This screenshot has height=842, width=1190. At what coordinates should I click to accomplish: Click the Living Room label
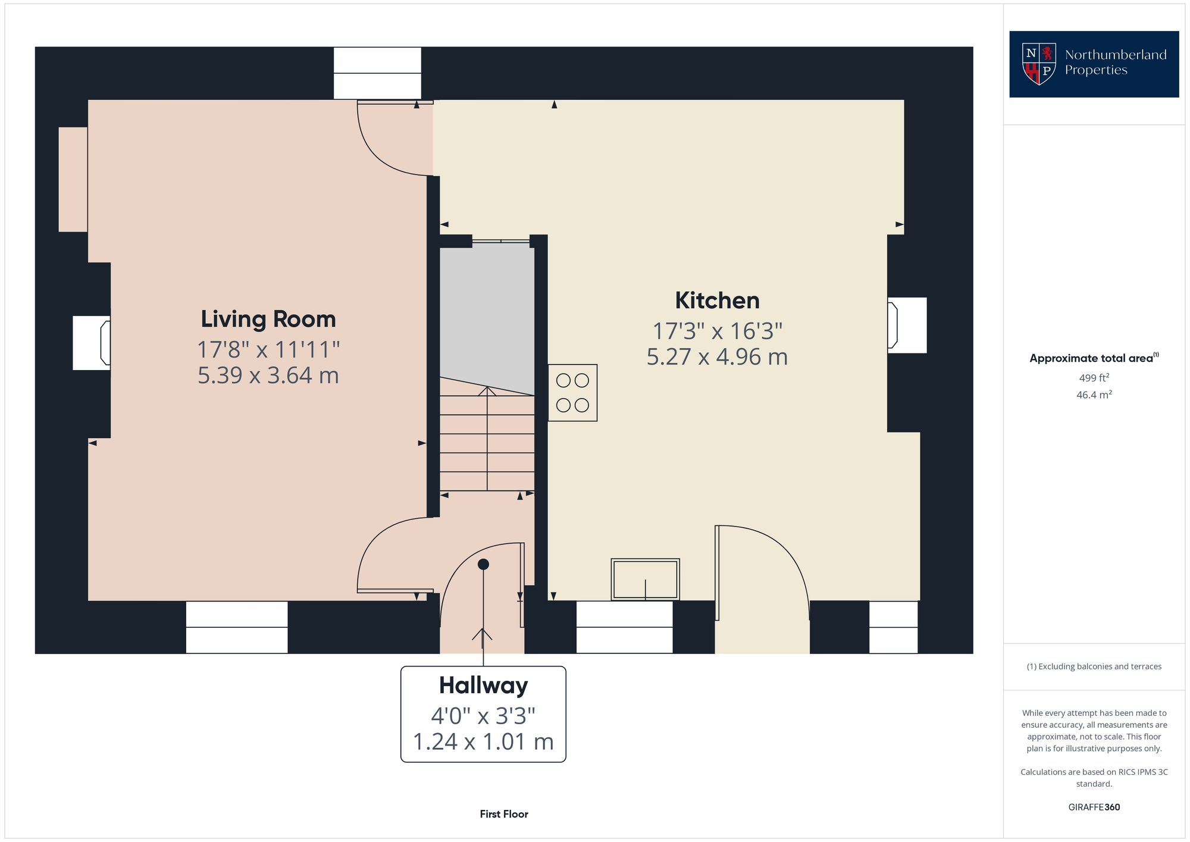[268, 320]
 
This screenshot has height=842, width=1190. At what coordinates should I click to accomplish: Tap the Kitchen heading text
[716, 301]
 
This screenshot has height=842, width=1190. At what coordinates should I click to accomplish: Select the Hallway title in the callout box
[483, 686]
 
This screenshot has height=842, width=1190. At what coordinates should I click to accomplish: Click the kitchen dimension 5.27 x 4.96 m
[716, 357]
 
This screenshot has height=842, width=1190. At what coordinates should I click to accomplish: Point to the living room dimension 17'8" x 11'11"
[268, 349]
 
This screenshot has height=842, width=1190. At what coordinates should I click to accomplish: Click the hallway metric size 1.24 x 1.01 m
[483, 742]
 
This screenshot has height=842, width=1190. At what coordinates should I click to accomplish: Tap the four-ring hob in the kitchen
[572, 393]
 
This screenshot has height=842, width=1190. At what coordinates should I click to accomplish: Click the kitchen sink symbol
[645, 579]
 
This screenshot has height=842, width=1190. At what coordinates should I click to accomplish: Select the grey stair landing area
[487, 309]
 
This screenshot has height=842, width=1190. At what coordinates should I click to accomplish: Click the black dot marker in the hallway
[483, 564]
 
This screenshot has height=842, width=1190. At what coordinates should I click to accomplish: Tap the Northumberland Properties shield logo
[1039, 64]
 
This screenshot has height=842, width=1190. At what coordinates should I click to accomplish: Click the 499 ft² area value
[1094, 378]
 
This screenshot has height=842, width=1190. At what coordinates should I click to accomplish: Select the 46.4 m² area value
[1094, 395]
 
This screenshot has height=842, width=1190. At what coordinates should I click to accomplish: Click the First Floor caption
[504, 814]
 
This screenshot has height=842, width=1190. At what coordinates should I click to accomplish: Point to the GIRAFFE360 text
[1094, 807]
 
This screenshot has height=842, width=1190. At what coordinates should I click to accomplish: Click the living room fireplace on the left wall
[92, 343]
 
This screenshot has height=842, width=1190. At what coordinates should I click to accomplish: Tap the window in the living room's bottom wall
[237, 627]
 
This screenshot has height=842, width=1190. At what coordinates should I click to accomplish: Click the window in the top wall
[377, 73]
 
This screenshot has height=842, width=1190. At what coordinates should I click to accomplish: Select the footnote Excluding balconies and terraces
[1094, 666]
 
